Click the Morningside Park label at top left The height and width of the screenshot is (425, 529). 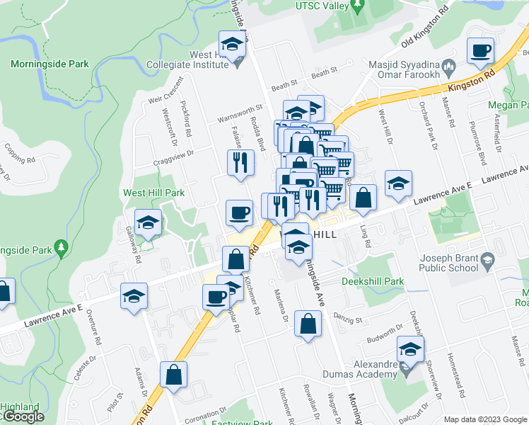50,64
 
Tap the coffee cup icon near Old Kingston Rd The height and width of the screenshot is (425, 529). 481,51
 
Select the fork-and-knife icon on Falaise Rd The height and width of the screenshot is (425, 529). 240,162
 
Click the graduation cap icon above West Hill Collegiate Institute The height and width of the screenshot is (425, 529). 231,45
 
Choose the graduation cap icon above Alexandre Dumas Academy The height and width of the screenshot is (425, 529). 410,349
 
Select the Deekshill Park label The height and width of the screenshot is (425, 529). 372,281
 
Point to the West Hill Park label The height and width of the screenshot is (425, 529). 153,193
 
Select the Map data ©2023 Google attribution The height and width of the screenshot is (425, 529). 485,419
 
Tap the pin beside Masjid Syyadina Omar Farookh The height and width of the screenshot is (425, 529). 448,74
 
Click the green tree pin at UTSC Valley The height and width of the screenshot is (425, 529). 357,6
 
